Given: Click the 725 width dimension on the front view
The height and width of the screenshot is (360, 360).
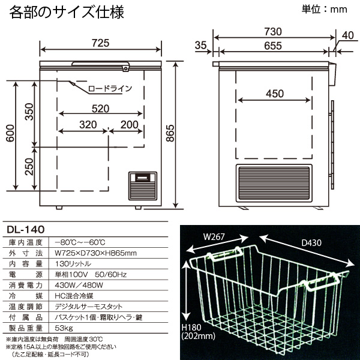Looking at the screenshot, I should coord(101,43).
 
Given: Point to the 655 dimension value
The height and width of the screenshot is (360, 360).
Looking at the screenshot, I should coord(273,46).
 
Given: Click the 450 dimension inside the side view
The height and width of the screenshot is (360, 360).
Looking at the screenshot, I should coord(274,94).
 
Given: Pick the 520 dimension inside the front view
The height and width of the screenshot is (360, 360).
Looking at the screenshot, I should coord(101,109).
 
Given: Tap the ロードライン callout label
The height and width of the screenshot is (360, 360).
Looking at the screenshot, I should coord(110,89).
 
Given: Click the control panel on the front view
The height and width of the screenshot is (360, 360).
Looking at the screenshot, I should coord(144,187).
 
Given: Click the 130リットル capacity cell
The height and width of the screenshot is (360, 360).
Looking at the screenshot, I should coord(73,263).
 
